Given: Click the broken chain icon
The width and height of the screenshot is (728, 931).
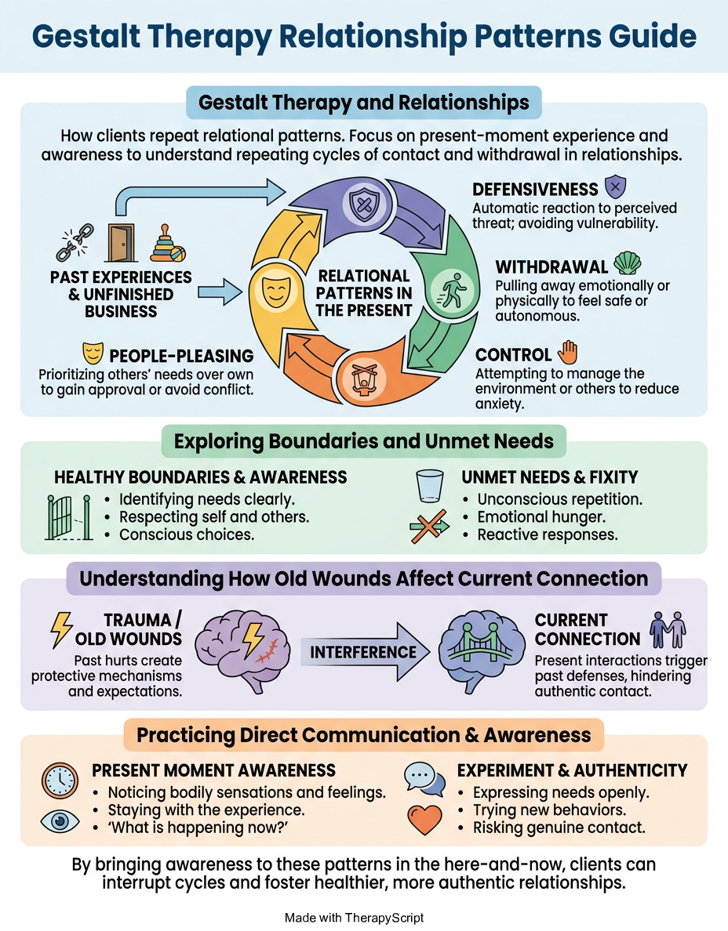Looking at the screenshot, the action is coord(75,242).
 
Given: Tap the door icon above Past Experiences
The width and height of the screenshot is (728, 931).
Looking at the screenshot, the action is coord(122,242).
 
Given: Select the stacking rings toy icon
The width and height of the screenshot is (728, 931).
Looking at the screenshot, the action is coord(168,243).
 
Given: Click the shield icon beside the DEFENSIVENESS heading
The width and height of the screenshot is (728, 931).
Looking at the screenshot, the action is coord(615,187).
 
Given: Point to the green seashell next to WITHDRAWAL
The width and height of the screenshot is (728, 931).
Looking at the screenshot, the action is coord(627,263).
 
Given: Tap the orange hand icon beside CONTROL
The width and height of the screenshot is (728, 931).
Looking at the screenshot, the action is coord(567,352).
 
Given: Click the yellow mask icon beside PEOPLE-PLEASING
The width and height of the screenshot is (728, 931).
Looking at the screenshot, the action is coord(93,353).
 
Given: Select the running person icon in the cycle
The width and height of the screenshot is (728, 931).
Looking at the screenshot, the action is coord(452,290).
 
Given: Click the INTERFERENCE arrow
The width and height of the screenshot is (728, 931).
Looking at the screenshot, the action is coord(365,652).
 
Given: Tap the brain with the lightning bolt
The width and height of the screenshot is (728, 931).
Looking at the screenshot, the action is coord(242,650).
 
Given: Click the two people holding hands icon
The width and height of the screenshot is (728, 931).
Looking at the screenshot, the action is coord(668,630).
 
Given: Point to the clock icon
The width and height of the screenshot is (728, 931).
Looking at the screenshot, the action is coord(60,781).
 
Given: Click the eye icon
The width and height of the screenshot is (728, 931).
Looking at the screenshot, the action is coord(60,821).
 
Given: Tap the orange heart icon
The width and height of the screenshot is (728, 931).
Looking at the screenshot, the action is coord(425,820).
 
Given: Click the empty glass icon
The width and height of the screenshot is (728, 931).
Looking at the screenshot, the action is coord(430,487).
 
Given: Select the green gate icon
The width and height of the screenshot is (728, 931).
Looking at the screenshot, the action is coord(69,517).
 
